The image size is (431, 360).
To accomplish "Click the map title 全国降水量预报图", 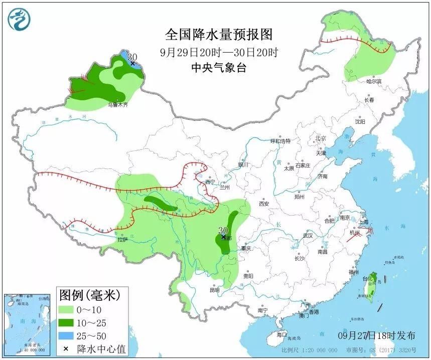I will pyautogui.click(x=219, y=35).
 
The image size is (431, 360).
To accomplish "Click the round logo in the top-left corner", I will pyautogui.click(x=19, y=20).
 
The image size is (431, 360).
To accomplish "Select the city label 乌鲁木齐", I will pyautogui.click(x=118, y=105).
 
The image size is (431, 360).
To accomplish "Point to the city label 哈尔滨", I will pyautogui.click(x=374, y=81).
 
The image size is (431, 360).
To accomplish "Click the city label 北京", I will pyautogui.click(x=321, y=138).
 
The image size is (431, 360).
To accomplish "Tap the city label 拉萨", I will pyautogui.click(x=122, y=240).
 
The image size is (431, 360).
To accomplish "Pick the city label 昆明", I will pyautogui.click(x=214, y=290).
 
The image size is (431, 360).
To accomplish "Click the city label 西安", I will pyautogui.click(x=264, y=204).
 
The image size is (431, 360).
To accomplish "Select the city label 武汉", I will pyautogui.click(x=308, y=236).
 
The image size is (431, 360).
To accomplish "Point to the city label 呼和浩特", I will pyautogui.click(x=280, y=141).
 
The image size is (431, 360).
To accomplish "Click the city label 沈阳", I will pyautogui.click(x=360, y=121).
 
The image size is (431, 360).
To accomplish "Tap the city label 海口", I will pyautogui.click(x=281, y=334).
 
